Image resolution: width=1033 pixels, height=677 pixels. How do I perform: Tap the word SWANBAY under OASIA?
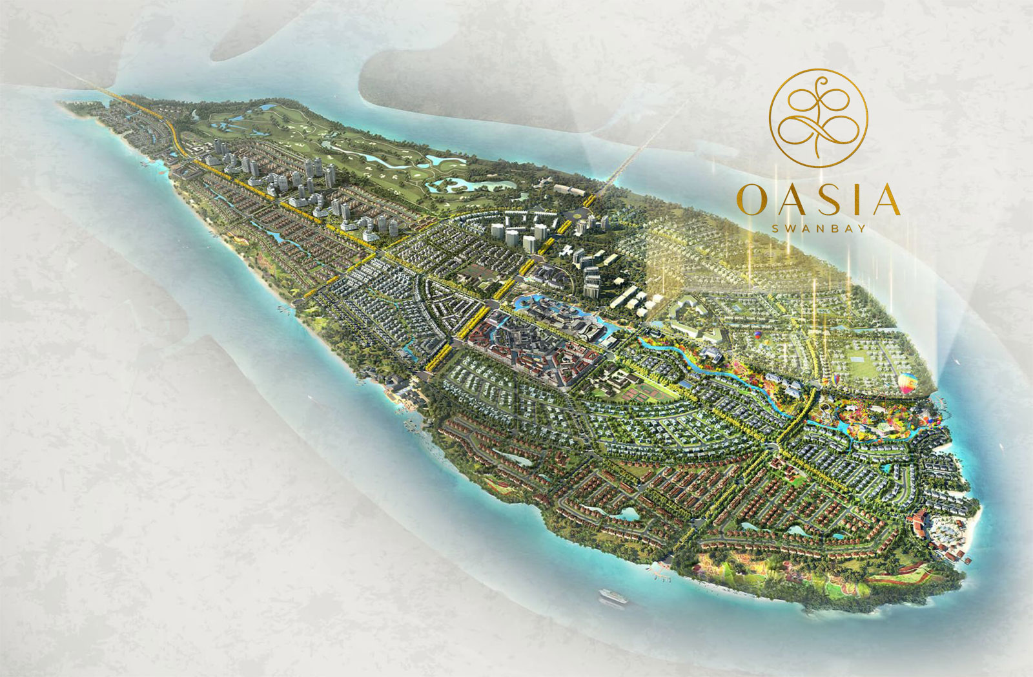point(819,227)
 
